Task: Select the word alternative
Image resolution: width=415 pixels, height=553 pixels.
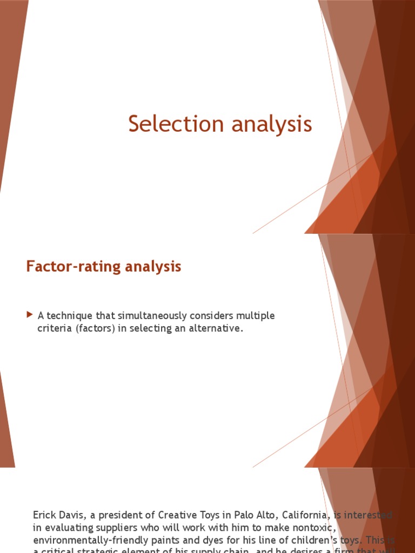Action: pos(215,328)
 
